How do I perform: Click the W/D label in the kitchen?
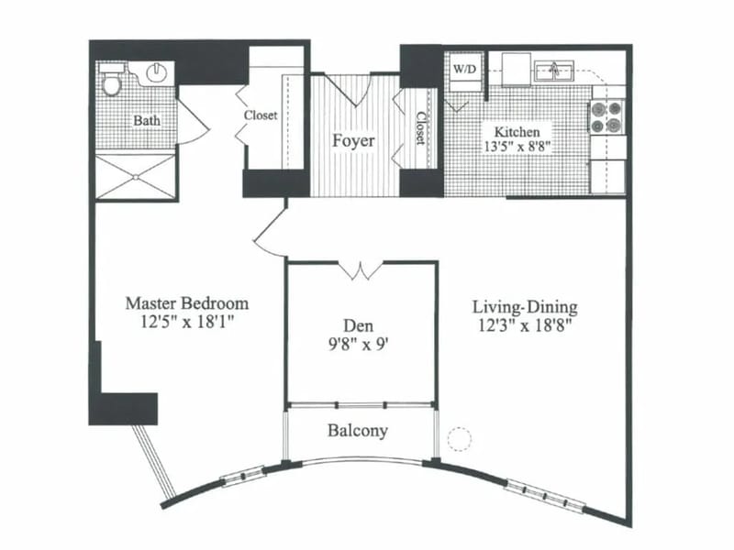[464, 70]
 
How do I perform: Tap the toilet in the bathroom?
[111, 81]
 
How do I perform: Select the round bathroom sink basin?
[157, 72]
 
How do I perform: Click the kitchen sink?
[555, 72]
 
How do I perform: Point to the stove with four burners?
[606, 117]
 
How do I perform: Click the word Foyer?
[353, 140]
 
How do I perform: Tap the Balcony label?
[358, 430]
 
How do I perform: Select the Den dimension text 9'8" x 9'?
[359, 345]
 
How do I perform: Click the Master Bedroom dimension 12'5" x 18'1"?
[187, 322]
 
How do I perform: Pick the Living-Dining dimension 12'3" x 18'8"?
[525, 324]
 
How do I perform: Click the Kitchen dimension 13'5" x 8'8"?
[517, 146]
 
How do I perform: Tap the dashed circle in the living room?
[460, 439]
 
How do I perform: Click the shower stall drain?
[136, 177]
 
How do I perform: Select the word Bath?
[147, 120]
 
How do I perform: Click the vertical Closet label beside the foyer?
[420, 127]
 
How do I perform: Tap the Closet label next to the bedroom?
[261, 115]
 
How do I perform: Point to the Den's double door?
[361, 270]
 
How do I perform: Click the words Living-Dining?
[525, 307]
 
